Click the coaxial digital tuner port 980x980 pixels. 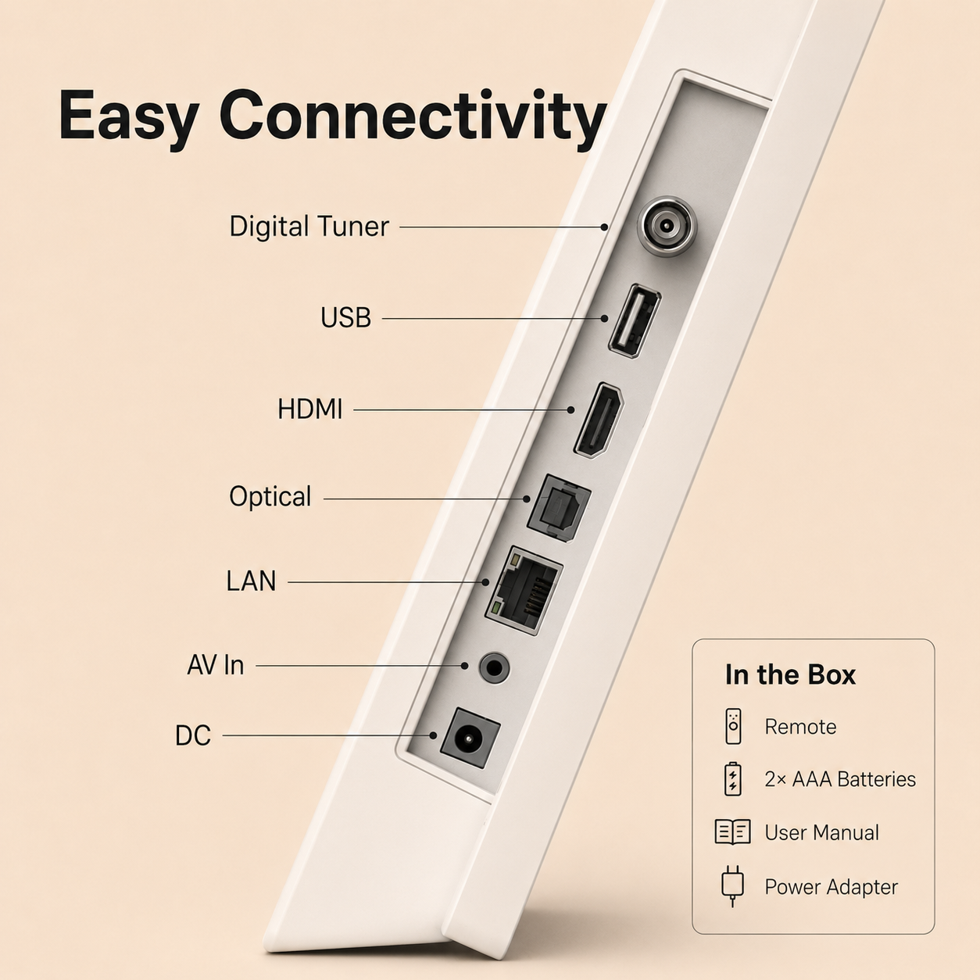[665, 226]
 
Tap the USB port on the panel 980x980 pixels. [635, 320]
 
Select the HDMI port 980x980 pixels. [599, 420]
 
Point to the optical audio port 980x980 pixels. [559, 508]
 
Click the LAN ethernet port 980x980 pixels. [524, 590]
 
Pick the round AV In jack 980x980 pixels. [494, 667]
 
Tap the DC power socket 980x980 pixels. [470, 738]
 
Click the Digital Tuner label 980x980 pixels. [309, 227]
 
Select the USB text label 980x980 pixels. [346, 318]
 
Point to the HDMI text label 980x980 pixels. [309, 409]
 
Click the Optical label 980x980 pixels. [270, 497]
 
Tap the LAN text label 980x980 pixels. [251, 581]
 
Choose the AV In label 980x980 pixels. [216, 665]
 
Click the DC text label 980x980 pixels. [193, 735]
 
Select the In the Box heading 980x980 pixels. [790, 675]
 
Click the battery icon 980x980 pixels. [733, 778]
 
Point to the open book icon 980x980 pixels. [732, 832]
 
